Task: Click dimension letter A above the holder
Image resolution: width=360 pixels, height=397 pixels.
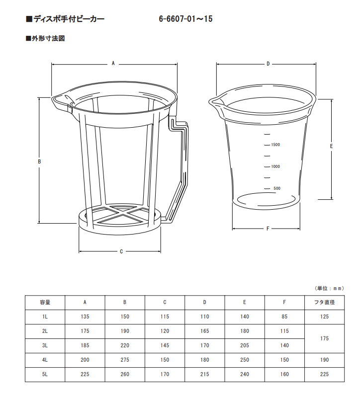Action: click(113, 63)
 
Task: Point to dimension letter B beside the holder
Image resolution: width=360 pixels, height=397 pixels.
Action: click(39, 161)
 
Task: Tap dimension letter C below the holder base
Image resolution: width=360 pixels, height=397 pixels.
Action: click(121, 251)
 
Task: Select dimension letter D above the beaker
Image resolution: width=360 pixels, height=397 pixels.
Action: click(268, 64)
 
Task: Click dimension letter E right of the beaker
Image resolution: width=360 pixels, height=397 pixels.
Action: click(331, 146)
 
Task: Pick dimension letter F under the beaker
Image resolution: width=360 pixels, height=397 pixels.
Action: click(268, 229)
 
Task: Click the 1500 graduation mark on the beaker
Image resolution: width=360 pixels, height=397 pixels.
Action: click(275, 145)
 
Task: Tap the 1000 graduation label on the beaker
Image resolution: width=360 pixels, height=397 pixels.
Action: click(275, 166)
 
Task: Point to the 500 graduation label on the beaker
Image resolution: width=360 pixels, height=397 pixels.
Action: click(277, 188)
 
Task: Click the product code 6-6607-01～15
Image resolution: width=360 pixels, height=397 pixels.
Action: click(185, 19)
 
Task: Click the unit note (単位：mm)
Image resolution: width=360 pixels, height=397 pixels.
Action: click(329, 288)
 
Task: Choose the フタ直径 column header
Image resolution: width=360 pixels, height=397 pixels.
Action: click(324, 302)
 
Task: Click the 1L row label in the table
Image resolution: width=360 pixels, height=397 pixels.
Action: click(45, 317)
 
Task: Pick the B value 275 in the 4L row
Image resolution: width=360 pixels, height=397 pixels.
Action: click(125, 360)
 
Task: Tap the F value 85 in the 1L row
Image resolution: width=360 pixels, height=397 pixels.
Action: click(284, 317)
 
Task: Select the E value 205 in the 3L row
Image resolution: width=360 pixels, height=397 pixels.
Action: click(245, 345)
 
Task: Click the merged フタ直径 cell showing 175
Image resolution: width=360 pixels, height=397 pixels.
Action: click(324, 338)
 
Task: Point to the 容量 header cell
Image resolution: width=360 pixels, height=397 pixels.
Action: click(45, 302)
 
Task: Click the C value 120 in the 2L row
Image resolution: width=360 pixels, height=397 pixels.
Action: click(165, 331)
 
